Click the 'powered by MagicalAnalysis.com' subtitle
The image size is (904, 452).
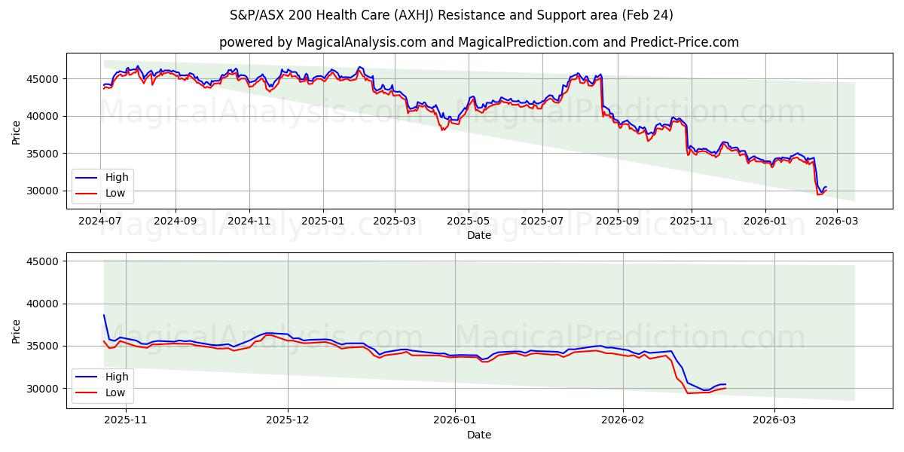pyautogui.click(x=478, y=42)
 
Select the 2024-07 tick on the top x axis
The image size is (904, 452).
pyautogui.click(x=101, y=222)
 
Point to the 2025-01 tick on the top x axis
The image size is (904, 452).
pyautogui.click(x=323, y=222)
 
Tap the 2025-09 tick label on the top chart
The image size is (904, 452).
pyautogui.click(x=617, y=222)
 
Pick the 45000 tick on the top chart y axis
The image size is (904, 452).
pyautogui.click(x=44, y=78)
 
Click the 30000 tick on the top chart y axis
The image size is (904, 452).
pyautogui.click(x=44, y=191)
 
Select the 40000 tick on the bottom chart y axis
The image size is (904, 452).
pyautogui.click(x=44, y=304)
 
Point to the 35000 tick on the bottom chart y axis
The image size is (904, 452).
pyautogui.click(x=44, y=346)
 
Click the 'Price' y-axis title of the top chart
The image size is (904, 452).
pyautogui.click(x=17, y=132)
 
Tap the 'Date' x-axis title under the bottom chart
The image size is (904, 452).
pyautogui.click(x=478, y=435)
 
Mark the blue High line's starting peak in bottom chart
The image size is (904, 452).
pyautogui.click(x=104, y=315)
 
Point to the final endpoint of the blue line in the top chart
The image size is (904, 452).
pyautogui.click(x=826, y=187)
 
